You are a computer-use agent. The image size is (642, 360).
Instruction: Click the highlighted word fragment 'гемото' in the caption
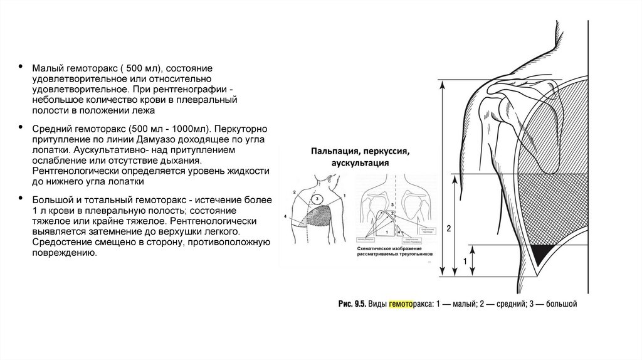point(402,304)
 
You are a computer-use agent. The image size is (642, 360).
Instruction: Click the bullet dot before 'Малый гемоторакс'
point(21,68)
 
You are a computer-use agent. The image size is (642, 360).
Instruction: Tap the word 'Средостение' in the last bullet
point(58,243)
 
